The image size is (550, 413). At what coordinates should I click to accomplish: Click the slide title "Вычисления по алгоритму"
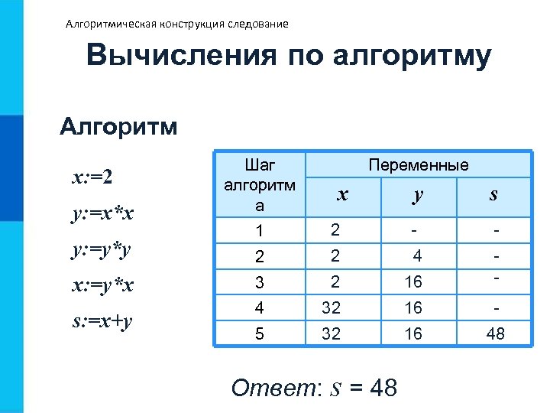289,57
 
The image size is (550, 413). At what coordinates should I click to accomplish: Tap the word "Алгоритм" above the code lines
118,125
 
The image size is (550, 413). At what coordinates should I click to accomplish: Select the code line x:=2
92,177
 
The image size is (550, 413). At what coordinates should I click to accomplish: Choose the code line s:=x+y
102,320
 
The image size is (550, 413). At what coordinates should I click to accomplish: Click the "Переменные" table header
419,165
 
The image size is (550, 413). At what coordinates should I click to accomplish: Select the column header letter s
493,195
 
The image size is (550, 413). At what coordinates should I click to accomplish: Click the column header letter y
416,195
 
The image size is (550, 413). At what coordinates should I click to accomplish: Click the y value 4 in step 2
416,256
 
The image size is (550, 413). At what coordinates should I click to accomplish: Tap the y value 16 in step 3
413,282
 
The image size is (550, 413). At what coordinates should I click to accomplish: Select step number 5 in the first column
259,335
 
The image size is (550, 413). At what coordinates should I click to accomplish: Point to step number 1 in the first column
259,231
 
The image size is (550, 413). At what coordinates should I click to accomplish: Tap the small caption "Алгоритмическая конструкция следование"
177,24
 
